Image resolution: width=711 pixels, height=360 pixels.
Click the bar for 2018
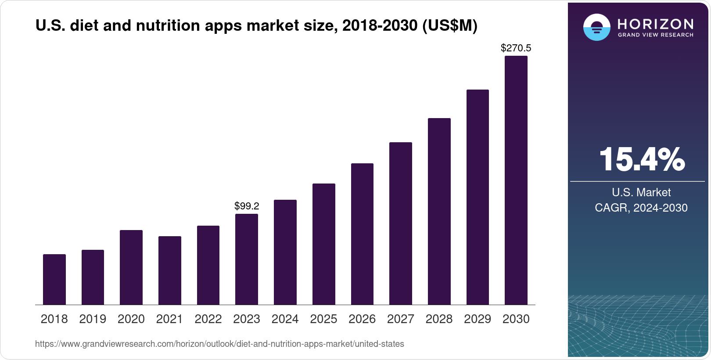[54, 279]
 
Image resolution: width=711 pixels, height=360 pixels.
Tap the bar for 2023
[247, 259]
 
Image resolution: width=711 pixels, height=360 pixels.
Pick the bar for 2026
[362, 234]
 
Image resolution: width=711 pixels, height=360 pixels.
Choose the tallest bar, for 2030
[516, 180]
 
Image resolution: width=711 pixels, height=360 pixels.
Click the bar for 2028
[439, 211]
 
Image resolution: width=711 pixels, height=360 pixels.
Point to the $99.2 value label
[247, 206]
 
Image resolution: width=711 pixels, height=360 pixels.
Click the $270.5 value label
[516, 48]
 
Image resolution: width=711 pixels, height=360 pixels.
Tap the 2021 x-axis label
[169, 319]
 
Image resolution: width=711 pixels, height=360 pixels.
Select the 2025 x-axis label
[323, 319]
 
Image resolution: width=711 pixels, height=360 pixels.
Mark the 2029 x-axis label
[478, 319]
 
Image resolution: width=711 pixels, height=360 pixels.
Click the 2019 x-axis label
[93, 319]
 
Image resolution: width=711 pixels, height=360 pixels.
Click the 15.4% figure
[642, 159]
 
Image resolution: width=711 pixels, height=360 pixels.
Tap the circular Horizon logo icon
[596, 27]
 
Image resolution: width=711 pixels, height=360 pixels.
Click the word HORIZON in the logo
[655, 24]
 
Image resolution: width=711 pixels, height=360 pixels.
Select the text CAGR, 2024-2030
[641, 208]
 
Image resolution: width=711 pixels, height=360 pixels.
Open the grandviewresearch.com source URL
[219, 344]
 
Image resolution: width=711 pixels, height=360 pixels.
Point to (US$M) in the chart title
[449, 26]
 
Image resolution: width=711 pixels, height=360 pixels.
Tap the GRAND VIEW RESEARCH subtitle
[655, 35]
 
